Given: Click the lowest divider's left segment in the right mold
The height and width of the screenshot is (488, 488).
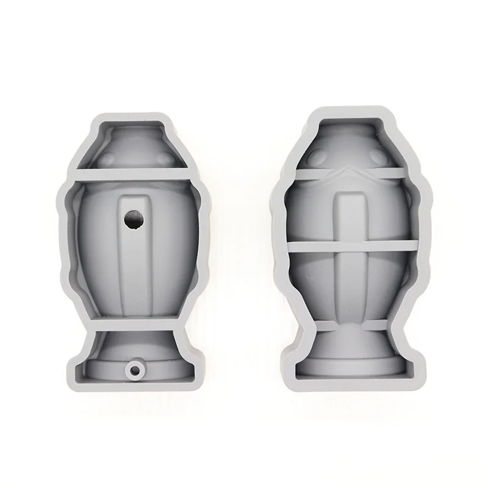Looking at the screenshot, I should click(x=311, y=328).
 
